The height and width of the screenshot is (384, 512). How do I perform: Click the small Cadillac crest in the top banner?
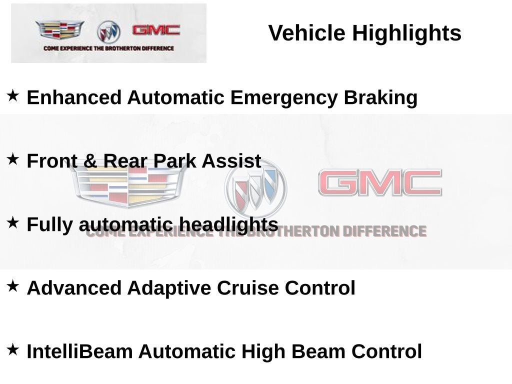(x=60, y=29)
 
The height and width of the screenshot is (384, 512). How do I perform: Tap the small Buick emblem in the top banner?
(x=108, y=31)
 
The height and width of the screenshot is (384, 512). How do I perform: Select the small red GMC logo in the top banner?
(x=156, y=30)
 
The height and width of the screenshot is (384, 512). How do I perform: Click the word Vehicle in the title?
(x=306, y=33)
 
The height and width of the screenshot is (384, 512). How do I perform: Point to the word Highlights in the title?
(x=406, y=34)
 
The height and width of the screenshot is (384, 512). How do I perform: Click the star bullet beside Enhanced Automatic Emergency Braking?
(x=12, y=95)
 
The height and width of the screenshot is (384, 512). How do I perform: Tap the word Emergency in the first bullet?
(x=284, y=98)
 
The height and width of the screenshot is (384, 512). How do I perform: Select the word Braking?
(x=380, y=98)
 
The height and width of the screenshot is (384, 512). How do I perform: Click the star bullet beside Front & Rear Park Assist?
(x=12, y=159)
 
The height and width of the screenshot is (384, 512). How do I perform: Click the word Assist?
(x=231, y=161)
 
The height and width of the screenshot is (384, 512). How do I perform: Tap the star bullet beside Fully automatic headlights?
(x=12, y=222)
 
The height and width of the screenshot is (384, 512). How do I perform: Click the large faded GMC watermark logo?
(x=380, y=182)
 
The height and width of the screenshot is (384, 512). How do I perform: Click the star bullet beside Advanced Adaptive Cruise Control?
(x=12, y=286)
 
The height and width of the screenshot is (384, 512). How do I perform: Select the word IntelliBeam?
(x=79, y=351)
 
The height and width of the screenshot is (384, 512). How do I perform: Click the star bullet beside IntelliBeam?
(x=12, y=349)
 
